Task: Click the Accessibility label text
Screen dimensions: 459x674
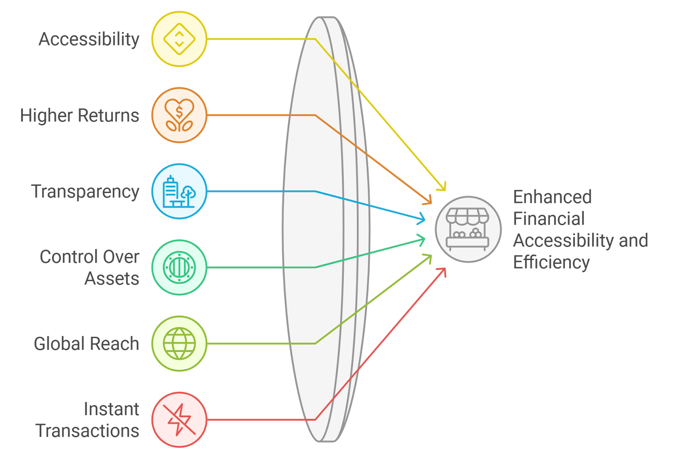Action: pyautogui.click(x=89, y=39)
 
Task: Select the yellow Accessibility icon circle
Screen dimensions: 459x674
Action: pyautogui.click(x=179, y=39)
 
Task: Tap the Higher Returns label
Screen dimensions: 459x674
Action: pyautogui.click(x=80, y=115)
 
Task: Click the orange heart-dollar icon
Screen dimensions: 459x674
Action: pyautogui.click(x=179, y=115)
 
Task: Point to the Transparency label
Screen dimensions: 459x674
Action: pyautogui.click(x=85, y=191)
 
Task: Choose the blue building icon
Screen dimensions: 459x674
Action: pyautogui.click(x=179, y=191)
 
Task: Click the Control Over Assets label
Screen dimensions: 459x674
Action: pyautogui.click(x=89, y=268)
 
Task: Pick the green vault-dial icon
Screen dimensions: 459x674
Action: pyautogui.click(x=179, y=267)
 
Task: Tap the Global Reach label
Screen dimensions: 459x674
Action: pyautogui.click(x=86, y=344)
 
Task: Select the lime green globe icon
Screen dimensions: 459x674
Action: pyautogui.click(x=179, y=344)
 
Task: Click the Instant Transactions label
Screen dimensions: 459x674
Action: pyautogui.click(x=88, y=420)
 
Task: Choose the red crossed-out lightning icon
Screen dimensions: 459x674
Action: pyautogui.click(x=179, y=419)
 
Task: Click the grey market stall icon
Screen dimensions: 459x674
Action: pyautogui.click(x=468, y=229)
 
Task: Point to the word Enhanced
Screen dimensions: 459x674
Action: pyautogui.click(x=552, y=197)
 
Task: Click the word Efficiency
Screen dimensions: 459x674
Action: pyautogui.click(x=551, y=262)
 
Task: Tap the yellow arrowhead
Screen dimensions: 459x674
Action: pyautogui.click(x=442, y=187)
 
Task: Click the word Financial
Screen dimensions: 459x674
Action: pyautogui.click(x=549, y=219)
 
